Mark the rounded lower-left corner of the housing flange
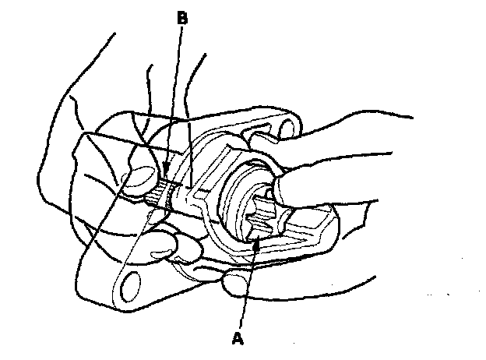[x=117, y=292]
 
